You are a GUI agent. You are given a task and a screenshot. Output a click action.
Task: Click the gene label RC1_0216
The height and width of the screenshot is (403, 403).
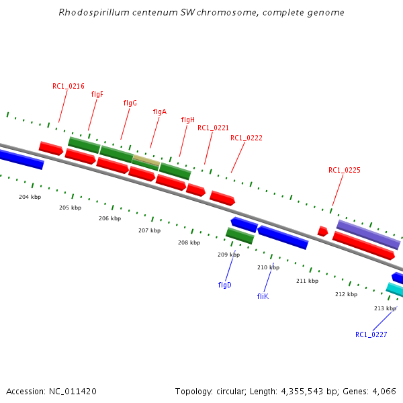(69, 86)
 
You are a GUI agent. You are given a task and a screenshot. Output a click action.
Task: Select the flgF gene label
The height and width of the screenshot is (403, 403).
(97, 94)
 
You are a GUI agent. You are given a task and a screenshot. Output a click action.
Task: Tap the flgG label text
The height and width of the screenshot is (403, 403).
(130, 103)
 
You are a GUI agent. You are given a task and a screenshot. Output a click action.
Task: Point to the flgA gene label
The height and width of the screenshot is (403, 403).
(159, 111)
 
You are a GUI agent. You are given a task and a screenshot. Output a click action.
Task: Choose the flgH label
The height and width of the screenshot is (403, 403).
(188, 120)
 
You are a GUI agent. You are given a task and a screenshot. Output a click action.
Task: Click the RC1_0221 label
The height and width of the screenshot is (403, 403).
(213, 128)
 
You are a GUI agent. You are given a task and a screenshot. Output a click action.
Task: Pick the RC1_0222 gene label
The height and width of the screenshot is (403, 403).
(247, 138)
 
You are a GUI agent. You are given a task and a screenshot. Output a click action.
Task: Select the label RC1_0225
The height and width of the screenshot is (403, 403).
(345, 170)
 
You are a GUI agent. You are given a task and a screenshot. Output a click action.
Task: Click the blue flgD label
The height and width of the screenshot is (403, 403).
(224, 285)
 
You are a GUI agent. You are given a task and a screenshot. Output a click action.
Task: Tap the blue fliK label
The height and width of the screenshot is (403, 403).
(263, 296)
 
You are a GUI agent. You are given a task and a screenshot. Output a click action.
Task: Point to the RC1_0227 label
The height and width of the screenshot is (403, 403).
(371, 334)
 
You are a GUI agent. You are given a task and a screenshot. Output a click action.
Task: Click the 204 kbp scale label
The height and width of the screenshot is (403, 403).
(30, 197)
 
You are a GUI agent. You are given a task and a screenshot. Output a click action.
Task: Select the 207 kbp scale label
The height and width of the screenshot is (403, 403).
(150, 230)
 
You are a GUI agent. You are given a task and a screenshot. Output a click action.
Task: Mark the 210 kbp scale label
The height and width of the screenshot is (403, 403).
(268, 267)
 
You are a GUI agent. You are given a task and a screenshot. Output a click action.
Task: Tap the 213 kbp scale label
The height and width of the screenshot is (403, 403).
(385, 308)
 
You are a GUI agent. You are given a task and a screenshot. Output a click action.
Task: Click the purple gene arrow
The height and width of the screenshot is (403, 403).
(368, 234)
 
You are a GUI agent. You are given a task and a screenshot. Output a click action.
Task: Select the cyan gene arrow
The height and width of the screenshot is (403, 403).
(396, 289)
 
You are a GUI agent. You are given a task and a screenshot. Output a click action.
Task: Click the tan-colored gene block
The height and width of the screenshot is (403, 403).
(146, 161)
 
